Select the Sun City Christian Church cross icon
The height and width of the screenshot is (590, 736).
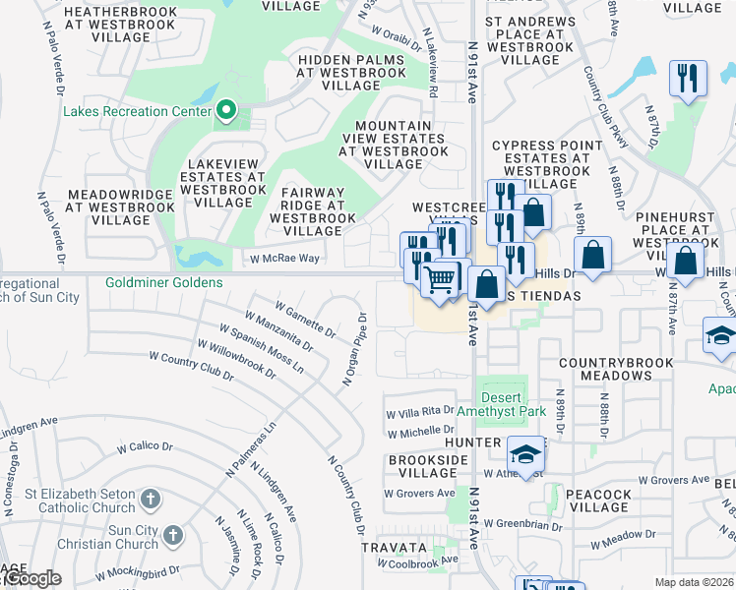(x=173, y=536)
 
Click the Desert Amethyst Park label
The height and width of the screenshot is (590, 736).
(x=514, y=405)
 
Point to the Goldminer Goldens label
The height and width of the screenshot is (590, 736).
(x=164, y=282)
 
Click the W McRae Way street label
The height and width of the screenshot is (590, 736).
(x=281, y=258)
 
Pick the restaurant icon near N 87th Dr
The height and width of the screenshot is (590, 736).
(x=687, y=79)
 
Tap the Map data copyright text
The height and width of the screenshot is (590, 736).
(x=694, y=582)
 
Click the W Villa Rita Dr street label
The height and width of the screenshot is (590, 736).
(x=420, y=412)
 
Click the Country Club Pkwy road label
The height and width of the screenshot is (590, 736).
(x=603, y=107)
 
